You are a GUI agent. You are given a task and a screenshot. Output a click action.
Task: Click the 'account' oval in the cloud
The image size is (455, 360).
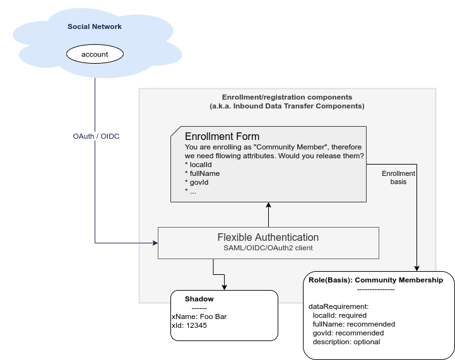[x=95, y=54]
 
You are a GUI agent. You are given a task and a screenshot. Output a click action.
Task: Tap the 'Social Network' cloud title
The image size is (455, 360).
[x=95, y=26]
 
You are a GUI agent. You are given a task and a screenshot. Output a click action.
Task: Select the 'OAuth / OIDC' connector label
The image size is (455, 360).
[x=96, y=136]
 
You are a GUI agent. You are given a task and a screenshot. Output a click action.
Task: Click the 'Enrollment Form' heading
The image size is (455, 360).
[x=222, y=137]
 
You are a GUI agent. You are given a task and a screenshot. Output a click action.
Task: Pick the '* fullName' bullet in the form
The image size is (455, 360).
[x=202, y=173]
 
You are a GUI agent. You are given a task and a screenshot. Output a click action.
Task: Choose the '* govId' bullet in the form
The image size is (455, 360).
[x=197, y=182]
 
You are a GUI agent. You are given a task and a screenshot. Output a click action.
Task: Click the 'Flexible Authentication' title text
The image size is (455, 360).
[x=268, y=238]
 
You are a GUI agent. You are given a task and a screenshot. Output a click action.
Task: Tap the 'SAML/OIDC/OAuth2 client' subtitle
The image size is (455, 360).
[x=268, y=248]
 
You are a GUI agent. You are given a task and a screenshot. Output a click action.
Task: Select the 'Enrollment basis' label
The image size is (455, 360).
[x=399, y=177]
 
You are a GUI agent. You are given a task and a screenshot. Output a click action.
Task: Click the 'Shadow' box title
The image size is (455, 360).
[x=199, y=299]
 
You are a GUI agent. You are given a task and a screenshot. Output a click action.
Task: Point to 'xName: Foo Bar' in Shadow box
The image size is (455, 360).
[x=198, y=316]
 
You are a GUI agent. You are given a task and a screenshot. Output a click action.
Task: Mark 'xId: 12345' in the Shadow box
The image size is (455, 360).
[x=189, y=326]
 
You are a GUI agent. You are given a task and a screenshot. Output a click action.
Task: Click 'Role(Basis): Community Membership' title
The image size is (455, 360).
[x=375, y=279]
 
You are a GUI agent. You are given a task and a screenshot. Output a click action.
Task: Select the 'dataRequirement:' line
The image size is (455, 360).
[x=338, y=306]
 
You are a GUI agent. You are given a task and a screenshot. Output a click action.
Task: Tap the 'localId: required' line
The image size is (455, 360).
[x=340, y=315]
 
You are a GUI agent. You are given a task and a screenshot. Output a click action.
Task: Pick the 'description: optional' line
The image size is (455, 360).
[x=346, y=342]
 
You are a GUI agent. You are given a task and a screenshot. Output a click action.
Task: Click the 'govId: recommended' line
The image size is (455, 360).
[x=348, y=333]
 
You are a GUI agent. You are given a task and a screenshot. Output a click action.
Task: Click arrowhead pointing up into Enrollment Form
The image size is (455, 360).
[x=268, y=206]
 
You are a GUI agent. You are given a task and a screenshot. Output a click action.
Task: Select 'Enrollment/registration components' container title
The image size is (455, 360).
[x=287, y=98]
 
